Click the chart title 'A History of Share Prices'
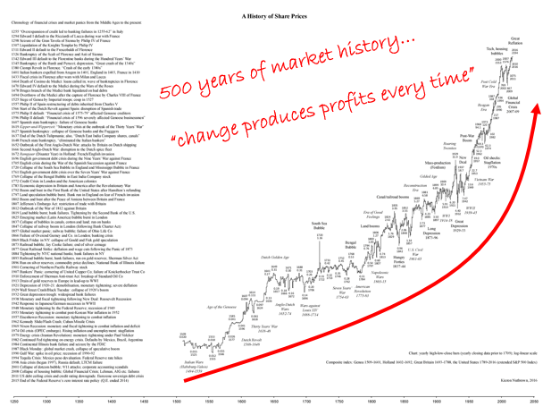(275, 16)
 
